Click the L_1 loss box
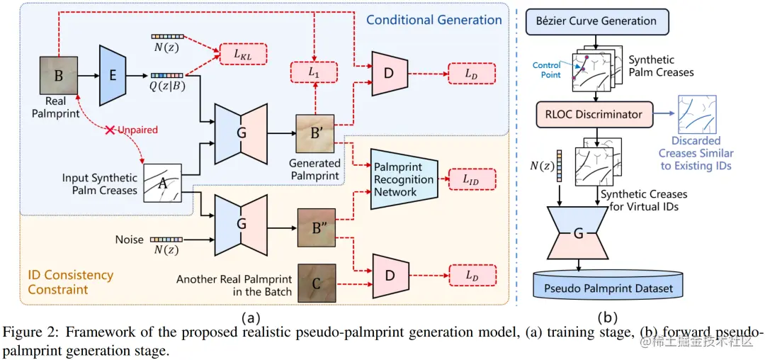314,72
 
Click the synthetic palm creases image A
162,184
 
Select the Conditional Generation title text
433,19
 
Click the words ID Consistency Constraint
71,282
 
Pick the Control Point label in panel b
547,70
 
